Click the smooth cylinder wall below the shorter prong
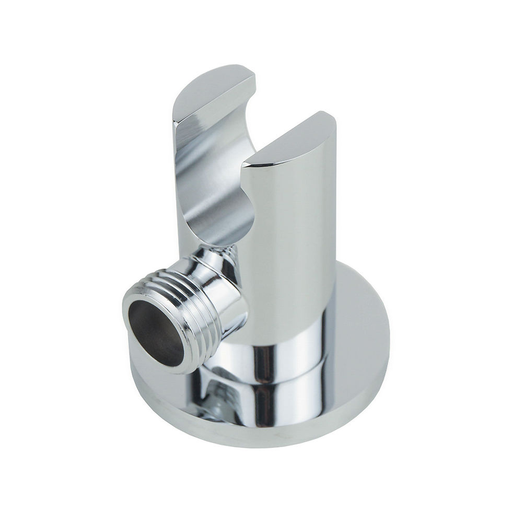pos(293,251)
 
